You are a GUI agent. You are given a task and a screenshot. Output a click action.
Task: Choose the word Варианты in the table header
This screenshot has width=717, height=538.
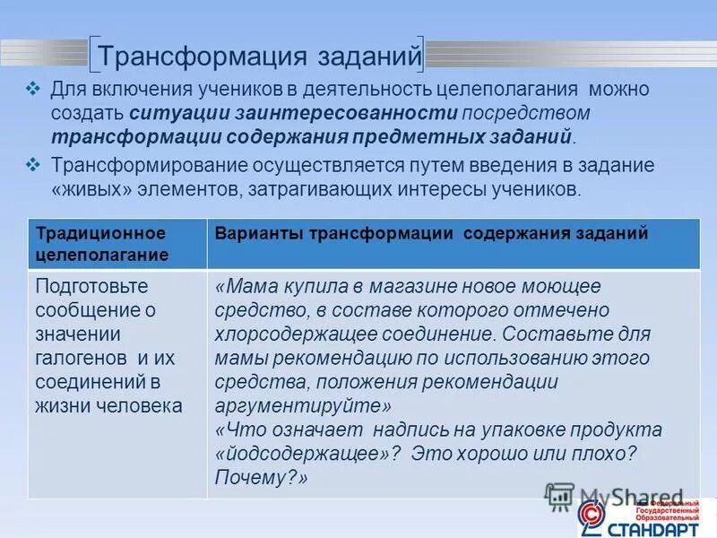(x=260, y=233)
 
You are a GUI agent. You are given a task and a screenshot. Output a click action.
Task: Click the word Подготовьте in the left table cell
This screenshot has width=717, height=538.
(x=91, y=286)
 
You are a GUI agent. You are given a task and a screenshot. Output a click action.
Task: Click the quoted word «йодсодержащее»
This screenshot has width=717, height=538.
(x=301, y=454)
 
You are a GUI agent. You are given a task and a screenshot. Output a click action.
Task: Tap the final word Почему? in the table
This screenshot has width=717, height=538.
(x=261, y=478)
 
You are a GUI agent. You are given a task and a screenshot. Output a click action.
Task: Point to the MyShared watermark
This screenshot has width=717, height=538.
(x=618, y=496)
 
